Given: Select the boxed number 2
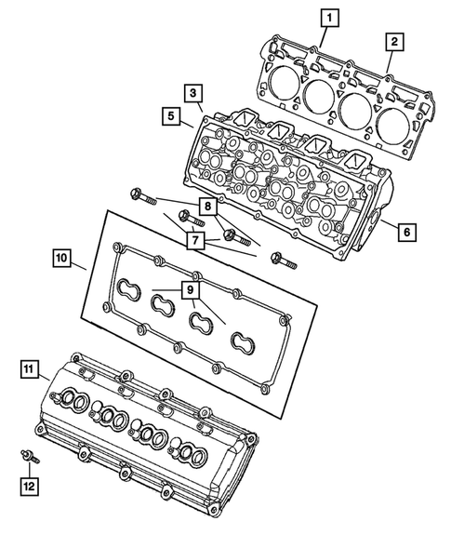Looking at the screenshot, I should tap(395, 41).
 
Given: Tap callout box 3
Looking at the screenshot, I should tap(192, 93).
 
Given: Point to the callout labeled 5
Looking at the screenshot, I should tap(170, 116).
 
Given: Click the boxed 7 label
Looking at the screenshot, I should tap(194, 241).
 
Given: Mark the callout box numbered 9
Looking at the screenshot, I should tap(190, 290).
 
